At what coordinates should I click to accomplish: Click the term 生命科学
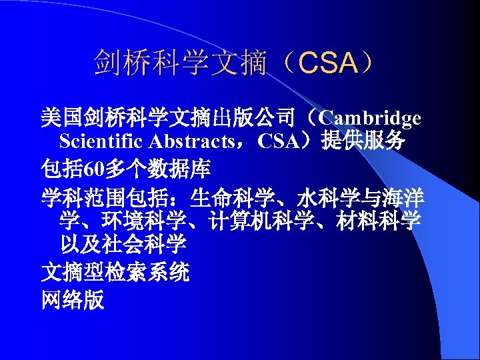pyautogui.click(x=233, y=197)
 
